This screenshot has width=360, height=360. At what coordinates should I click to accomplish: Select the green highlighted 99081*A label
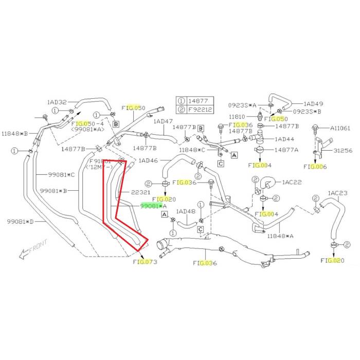click(154, 206)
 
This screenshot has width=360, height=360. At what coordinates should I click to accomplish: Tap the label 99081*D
click(20, 222)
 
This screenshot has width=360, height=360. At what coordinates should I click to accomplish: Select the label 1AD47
click(164, 122)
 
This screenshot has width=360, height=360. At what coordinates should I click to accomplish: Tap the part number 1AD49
click(313, 103)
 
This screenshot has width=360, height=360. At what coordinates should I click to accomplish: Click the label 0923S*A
click(243, 105)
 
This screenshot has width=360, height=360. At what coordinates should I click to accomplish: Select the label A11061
click(339, 128)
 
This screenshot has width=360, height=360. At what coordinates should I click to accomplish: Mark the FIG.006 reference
click(315, 167)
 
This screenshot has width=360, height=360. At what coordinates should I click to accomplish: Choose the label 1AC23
click(338, 193)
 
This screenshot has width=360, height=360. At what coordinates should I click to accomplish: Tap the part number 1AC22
click(292, 183)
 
